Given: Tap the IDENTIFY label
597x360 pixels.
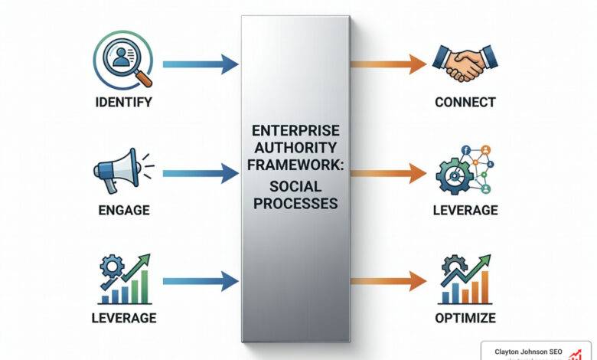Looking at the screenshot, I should pos(123,102).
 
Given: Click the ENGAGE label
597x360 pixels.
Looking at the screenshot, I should pos(123,210).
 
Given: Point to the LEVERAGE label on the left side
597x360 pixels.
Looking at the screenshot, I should pos(123,317).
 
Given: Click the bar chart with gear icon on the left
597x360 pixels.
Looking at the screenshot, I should pos(123,279).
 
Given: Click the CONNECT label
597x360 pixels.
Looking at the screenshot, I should pos(465,102).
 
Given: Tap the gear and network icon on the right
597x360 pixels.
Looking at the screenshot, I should pos(465,170).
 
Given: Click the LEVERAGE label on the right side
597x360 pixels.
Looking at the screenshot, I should pos(465,210).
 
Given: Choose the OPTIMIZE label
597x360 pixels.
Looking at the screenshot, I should pos(465,317).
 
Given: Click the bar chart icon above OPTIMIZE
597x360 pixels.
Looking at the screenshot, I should pos(465,279).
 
